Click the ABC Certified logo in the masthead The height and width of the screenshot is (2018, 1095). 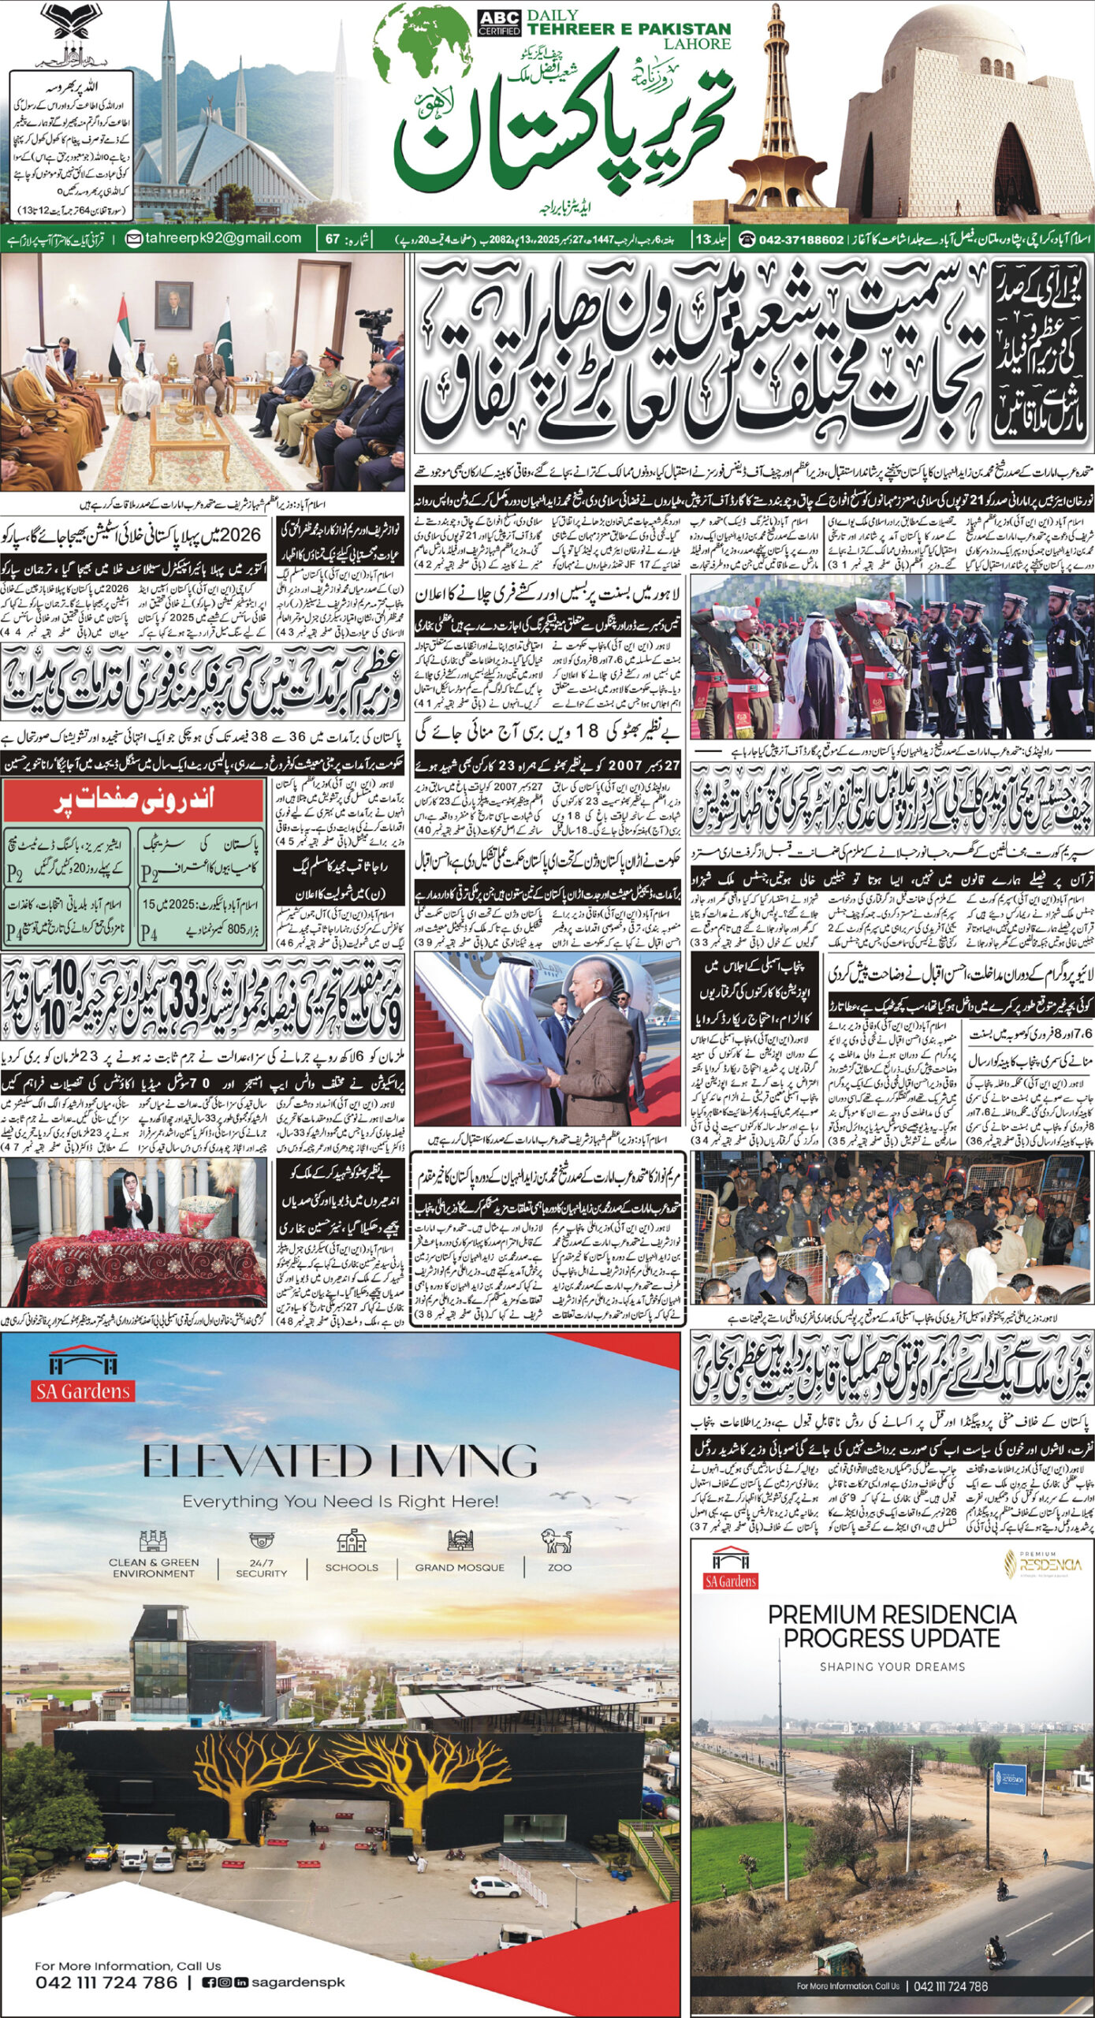499,23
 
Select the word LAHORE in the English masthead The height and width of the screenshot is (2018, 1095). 697,44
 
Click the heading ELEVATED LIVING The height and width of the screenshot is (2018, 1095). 340,1461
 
